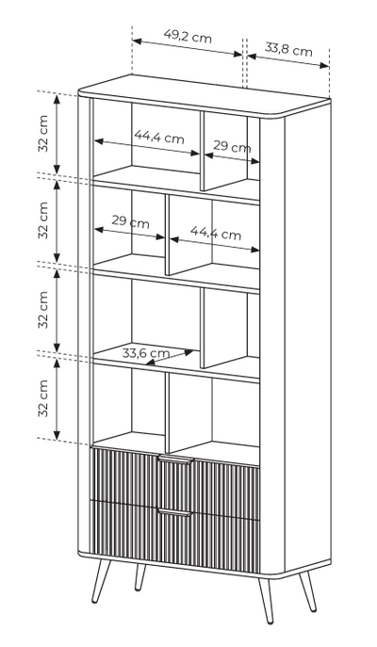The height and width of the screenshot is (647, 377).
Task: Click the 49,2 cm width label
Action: pyautogui.click(x=188, y=37)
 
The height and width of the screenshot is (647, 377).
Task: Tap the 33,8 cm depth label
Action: pyautogui.click(x=288, y=50)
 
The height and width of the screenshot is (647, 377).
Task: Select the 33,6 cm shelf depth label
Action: pyautogui.click(x=146, y=353)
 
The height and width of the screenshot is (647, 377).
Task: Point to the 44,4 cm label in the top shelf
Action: pyautogui.click(x=159, y=137)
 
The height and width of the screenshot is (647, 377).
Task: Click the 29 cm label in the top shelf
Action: pyautogui.click(x=232, y=146)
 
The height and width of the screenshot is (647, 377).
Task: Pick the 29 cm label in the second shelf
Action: pyautogui.click(x=130, y=221)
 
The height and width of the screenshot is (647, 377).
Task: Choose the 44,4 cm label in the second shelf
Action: pyautogui.click(x=216, y=234)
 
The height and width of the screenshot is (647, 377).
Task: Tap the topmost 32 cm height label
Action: pyautogui.click(x=43, y=134)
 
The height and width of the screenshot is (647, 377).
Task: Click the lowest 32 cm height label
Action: pyautogui.click(x=43, y=398)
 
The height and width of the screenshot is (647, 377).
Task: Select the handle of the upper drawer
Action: pyautogui.click(x=176, y=460)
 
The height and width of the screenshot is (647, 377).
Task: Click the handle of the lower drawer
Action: pyautogui.click(x=175, y=513)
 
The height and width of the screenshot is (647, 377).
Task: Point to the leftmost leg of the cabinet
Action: pyautogui.click(x=100, y=581)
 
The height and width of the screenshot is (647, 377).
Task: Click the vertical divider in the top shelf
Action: pyautogui.click(x=203, y=151)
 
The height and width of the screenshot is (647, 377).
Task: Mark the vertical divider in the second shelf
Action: pyautogui.click(x=167, y=235)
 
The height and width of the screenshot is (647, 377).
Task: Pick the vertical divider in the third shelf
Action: pyautogui.click(x=203, y=328)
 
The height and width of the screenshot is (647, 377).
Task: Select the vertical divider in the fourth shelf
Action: pyautogui.click(x=167, y=412)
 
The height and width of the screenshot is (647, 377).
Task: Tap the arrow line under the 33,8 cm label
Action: pyautogui.click(x=288, y=60)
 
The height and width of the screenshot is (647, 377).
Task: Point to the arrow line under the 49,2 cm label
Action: pyautogui.click(x=188, y=47)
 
